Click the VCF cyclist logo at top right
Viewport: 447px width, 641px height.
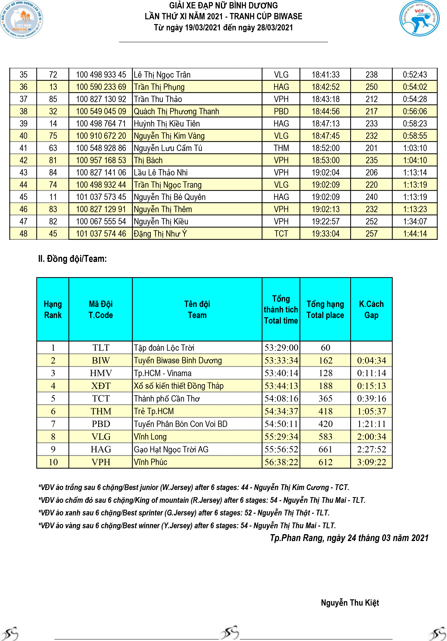[x=419, y=18]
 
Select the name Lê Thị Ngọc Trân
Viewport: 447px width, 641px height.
[x=162, y=75]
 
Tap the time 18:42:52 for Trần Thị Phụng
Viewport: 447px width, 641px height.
[x=325, y=87]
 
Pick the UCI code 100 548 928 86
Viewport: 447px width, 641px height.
[x=101, y=148]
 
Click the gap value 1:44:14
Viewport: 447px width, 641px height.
[x=414, y=234]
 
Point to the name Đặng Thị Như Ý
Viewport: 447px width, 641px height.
[x=160, y=234]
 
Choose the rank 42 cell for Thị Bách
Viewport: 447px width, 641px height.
[x=24, y=160]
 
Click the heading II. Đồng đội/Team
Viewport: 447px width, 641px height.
[x=72, y=259]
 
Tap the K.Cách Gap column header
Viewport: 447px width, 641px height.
[x=371, y=309]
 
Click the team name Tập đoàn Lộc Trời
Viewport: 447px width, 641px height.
[x=164, y=348]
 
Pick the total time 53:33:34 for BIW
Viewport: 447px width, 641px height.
[x=281, y=360]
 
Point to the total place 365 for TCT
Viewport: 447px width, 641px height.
[x=325, y=398]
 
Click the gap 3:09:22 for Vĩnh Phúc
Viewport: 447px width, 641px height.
[x=371, y=462]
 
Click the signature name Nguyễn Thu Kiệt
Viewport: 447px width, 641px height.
[x=350, y=603]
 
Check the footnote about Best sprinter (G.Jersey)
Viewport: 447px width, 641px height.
[x=184, y=513]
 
